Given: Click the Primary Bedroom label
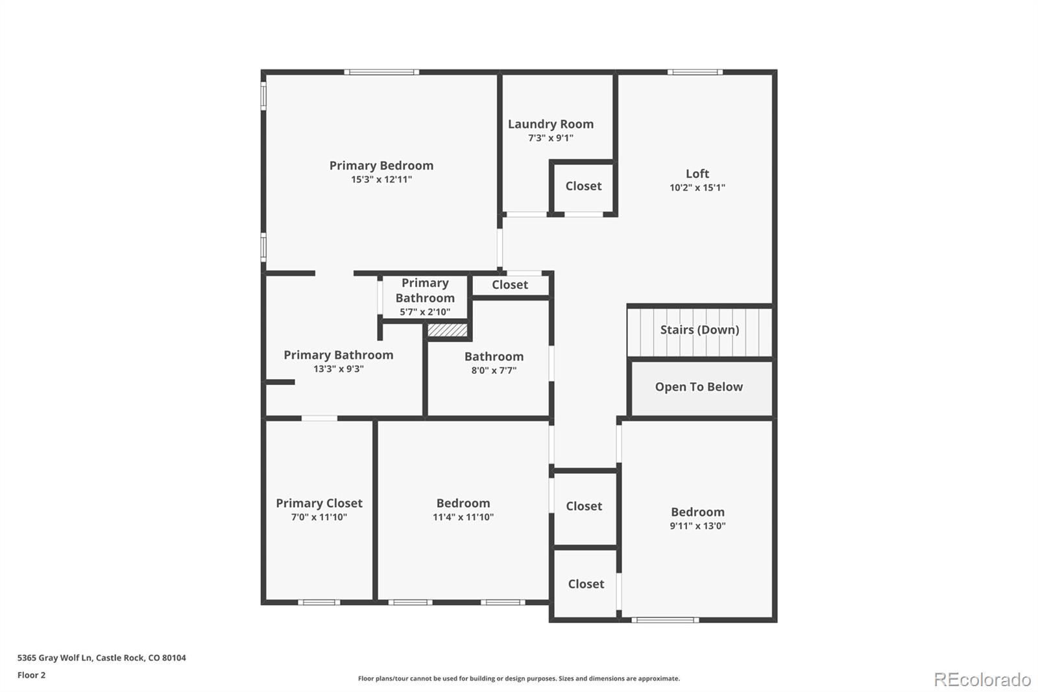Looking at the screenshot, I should (381, 166).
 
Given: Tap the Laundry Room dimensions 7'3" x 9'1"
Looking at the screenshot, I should (550, 138).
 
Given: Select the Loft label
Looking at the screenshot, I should (697, 173).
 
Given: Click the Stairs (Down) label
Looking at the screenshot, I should (699, 330).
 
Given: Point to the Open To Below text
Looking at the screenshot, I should (699, 387).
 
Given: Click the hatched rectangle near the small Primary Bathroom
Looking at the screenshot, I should (447, 330).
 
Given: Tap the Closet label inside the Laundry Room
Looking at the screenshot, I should (583, 186).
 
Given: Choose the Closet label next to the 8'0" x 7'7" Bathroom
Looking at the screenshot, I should (509, 285).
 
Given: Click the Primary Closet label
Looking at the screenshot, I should (319, 503).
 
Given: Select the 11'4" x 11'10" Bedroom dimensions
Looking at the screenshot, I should (463, 517).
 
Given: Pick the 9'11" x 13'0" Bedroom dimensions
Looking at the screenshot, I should (697, 526).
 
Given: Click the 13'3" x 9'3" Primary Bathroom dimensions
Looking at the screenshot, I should (338, 369).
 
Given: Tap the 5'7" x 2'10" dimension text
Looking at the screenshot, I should (425, 312).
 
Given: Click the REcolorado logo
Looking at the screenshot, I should (982, 680).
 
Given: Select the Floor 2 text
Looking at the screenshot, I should (31, 675).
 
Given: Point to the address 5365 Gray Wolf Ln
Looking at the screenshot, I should (101, 658).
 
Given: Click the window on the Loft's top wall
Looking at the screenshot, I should (695, 72).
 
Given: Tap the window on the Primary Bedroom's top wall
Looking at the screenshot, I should (381, 72).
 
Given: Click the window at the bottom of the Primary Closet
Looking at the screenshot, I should (319, 602).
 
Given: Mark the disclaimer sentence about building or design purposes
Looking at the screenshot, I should (518, 678).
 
